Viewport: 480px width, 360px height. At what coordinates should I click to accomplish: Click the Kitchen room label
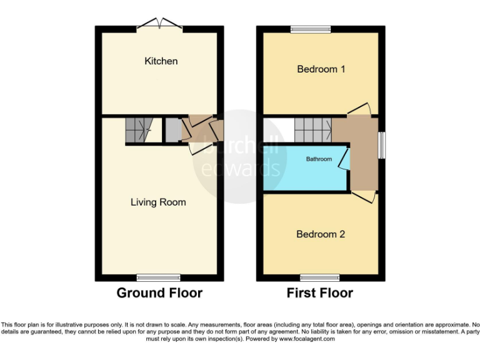[x=161, y=61]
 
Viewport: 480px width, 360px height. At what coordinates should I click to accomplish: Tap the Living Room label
[x=158, y=202]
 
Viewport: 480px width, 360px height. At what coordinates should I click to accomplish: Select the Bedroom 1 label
[x=321, y=69]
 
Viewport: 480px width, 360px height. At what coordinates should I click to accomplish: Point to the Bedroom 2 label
[x=321, y=234]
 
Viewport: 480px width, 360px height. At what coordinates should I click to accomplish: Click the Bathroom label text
[x=319, y=159]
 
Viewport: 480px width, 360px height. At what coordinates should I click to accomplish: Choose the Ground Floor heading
[x=159, y=292]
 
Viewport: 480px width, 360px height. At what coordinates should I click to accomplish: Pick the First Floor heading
[x=320, y=292]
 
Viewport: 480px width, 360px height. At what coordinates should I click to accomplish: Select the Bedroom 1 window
[x=310, y=28]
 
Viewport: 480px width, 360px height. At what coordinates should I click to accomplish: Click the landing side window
[x=382, y=144]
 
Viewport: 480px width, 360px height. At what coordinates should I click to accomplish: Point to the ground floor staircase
[x=139, y=129]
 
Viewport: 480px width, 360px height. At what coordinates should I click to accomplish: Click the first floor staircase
[x=312, y=129]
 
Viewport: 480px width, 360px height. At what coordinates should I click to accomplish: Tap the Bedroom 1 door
[x=359, y=109]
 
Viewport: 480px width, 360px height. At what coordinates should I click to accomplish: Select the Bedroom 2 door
[x=364, y=196]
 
